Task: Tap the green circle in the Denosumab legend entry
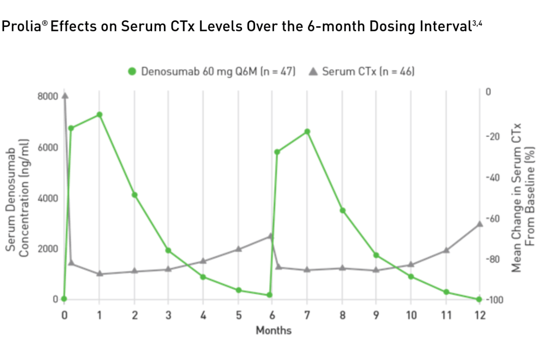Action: (132, 72)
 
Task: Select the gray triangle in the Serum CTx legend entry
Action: (313, 71)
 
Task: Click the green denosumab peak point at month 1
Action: (99, 115)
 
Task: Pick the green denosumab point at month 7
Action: (307, 132)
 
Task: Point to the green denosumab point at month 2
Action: (134, 195)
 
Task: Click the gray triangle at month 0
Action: (65, 95)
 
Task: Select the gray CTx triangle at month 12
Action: (480, 224)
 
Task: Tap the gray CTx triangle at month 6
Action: (271, 235)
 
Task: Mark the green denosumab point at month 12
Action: (479, 299)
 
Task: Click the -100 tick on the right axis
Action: (494, 300)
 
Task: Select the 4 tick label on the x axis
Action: (203, 315)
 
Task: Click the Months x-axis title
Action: (274, 331)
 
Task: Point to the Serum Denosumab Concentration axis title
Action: (18, 198)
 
